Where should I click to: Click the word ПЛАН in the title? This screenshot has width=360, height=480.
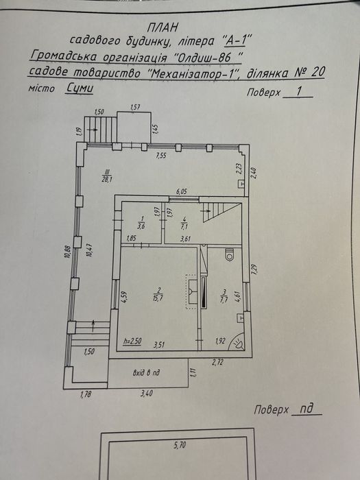click(x=162, y=28)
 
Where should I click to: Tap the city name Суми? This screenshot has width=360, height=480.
click(x=80, y=88)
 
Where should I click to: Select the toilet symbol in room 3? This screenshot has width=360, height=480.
click(x=230, y=255)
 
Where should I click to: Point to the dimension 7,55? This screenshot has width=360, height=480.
click(x=161, y=156)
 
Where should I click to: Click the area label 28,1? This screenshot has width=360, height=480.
click(x=107, y=180)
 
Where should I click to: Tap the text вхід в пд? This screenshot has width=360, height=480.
click(x=146, y=373)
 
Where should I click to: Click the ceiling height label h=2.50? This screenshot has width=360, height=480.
click(x=132, y=341)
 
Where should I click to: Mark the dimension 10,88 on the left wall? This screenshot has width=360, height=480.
click(x=69, y=252)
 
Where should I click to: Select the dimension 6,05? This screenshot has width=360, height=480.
click(x=182, y=191)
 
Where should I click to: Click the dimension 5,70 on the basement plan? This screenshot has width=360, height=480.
click(x=180, y=445)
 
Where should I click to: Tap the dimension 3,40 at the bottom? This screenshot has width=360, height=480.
click(x=147, y=393)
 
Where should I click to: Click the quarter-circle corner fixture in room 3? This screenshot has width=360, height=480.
click(x=239, y=341)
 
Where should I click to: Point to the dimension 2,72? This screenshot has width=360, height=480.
click(x=217, y=363)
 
